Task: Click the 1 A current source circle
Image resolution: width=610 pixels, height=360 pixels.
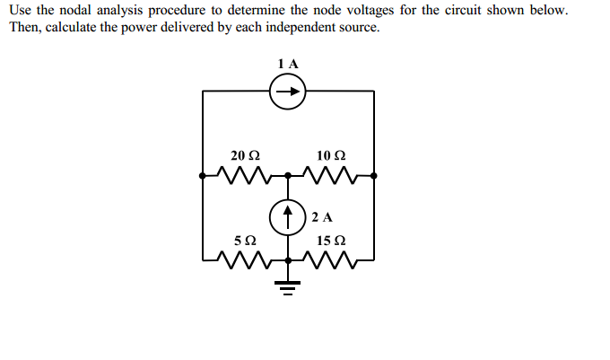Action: coord(288,91)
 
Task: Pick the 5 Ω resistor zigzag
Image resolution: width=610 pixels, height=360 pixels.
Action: coord(245,260)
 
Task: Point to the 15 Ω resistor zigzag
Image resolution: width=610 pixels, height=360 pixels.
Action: coord(331,260)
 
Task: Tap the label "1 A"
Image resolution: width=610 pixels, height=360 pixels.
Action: coord(288,64)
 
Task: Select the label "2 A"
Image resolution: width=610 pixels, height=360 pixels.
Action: coord(323,217)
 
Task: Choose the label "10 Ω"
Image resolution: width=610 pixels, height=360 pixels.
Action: coord(331,155)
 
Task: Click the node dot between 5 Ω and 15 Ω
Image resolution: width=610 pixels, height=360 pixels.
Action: coord(288,261)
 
